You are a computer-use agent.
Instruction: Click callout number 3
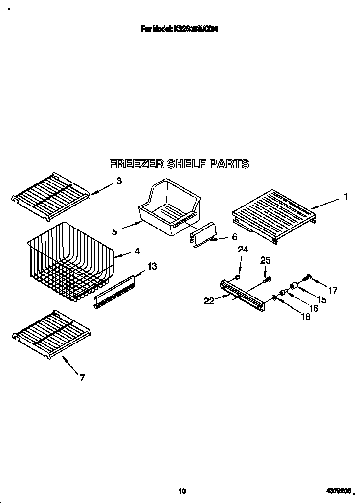tap(119, 181)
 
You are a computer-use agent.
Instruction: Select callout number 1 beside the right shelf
tap(345, 197)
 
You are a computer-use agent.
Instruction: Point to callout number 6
tap(234, 237)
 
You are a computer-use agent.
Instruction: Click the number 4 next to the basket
tap(137, 251)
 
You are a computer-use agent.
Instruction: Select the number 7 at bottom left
tap(82, 377)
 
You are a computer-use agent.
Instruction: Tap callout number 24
tap(243, 250)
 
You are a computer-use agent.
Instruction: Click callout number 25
tap(265, 261)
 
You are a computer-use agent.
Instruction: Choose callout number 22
tap(209, 301)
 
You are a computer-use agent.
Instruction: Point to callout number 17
tap(333, 290)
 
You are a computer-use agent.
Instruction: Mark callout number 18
tap(306, 317)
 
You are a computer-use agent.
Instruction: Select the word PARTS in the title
tap(229, 164)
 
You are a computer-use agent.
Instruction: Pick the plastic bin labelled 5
tap(169, 208)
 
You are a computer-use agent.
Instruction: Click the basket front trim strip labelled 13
tap(114, 293)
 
